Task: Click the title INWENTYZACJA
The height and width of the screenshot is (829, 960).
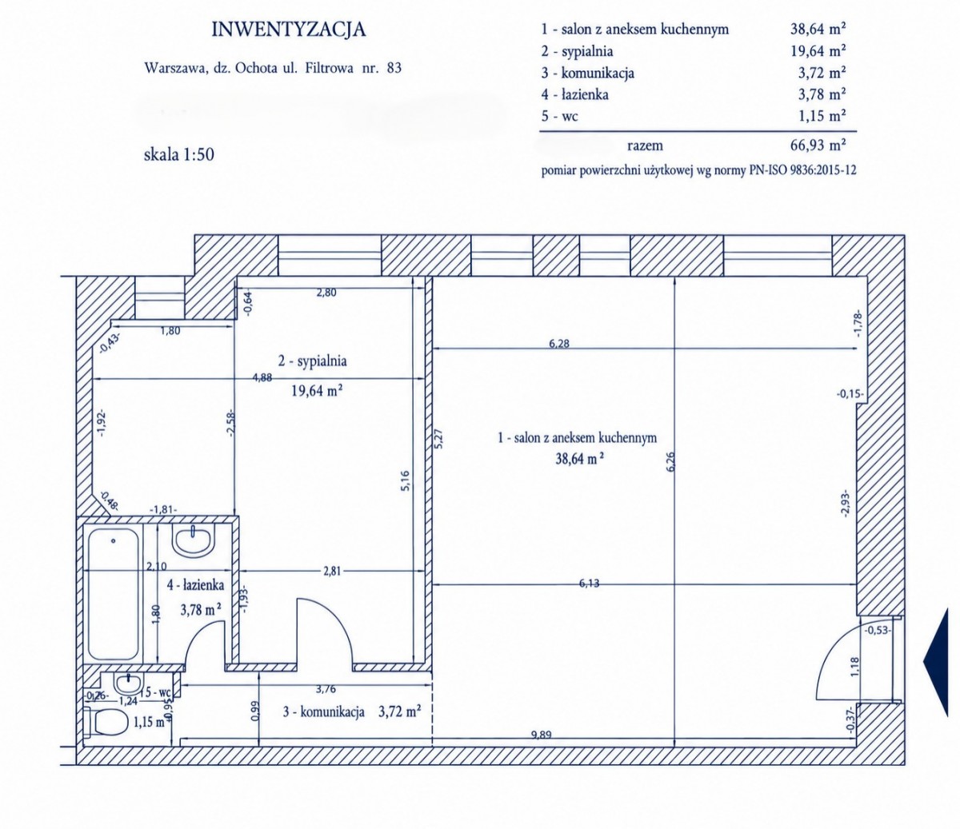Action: [x=289, y=30]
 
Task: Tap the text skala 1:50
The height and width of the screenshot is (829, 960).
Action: [x=179, y=154]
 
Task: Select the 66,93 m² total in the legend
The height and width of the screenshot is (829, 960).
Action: [x=818, y=145]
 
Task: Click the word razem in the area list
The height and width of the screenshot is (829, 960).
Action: [x=645, y=145]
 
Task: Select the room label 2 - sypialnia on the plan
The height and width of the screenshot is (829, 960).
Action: [x=313, y=361]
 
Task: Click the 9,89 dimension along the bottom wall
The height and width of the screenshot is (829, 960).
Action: [x=541, y=735]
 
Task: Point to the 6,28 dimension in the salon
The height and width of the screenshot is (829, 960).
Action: [x=558, y=344]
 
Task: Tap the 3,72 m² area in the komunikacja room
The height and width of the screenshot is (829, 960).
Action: [x=399, y=711]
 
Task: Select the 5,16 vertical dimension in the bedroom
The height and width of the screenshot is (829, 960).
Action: [x=405, y=481]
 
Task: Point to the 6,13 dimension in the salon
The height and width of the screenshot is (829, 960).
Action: [x=589, y=584]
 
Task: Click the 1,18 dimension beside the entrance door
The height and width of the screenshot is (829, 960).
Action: [x=855, y=667]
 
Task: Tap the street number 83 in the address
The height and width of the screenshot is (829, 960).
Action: [x=394, y=68]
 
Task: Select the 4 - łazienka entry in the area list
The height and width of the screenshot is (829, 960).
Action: [x=574, y=94]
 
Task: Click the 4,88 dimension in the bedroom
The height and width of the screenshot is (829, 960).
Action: [x=262, y=377]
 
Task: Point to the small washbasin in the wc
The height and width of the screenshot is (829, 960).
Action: [x=128, y=683]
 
